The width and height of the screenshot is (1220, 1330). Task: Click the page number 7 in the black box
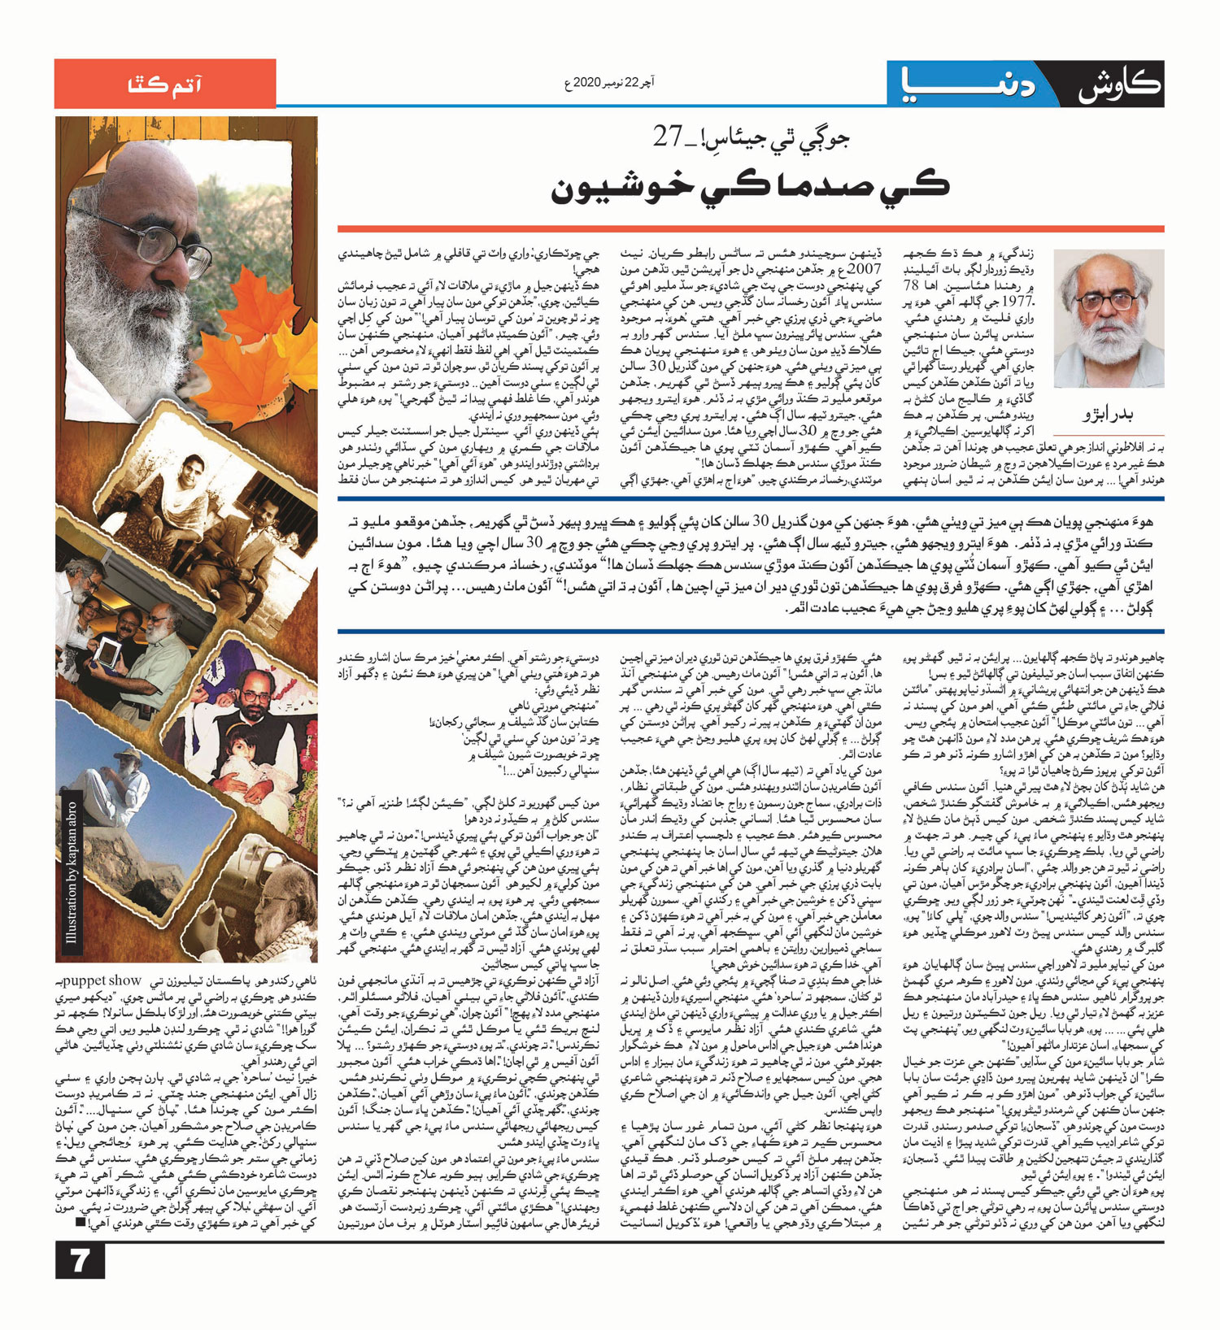80,1261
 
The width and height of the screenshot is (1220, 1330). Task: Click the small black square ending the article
80,1221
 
